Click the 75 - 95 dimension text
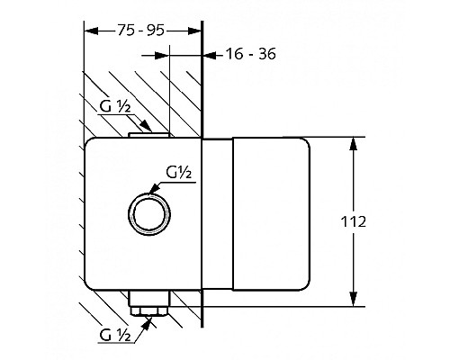pos(140,31)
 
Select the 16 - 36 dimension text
pos(250,54)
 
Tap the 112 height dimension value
pos(354,221)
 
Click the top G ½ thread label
pos(115,107)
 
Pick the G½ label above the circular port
pos(179,173)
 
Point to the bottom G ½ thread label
pos(115,335)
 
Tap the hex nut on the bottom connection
pos(149,310)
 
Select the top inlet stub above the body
pos(149,135)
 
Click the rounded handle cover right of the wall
pos(271,214)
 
